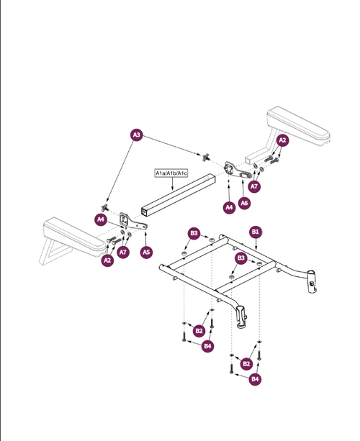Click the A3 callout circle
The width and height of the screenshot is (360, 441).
[x=137, y=135]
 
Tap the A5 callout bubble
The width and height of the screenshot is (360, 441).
[x=146, y=252]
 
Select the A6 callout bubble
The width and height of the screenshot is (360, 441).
[x=244, y=203]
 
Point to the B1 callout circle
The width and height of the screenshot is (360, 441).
[x=256, y=232]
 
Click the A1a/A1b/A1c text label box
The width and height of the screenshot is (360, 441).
[x=171, y=173]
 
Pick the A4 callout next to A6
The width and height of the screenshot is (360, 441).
[x=230, y=208]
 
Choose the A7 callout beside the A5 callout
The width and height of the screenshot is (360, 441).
[x=123, y=252]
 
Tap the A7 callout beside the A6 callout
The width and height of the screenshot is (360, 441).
[x=254, y=186]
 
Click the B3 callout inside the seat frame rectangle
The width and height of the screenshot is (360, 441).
[x=241, y=258]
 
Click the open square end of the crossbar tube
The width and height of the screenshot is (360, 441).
[x=145, y=212]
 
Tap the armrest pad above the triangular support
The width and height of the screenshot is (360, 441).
[x=75, y=237]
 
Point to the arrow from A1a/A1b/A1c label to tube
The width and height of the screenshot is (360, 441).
[x=172, y=183]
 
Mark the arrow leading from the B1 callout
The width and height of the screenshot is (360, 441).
[x=256, y=244]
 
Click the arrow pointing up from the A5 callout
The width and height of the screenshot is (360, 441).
[x=146, y=239]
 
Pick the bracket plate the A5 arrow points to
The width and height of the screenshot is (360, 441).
[x=132, y=222]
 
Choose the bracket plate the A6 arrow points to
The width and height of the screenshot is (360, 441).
[x=236, y=171]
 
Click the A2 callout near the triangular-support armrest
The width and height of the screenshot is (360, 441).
[x=107, y=260]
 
